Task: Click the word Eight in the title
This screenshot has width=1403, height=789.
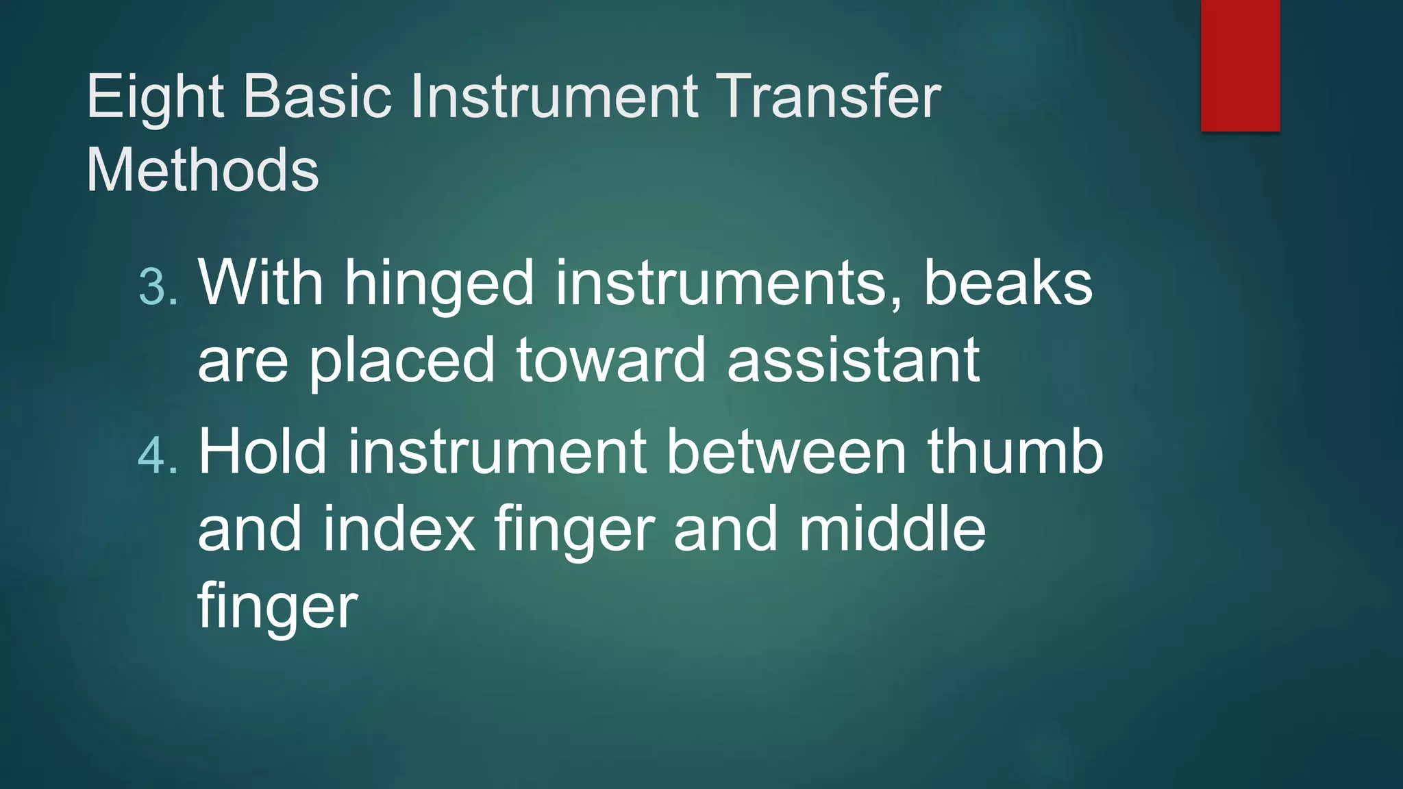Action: pyautogui.click(x=155, y=97)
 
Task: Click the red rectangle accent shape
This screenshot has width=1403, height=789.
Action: pyautogui.click(x=1240, y=65)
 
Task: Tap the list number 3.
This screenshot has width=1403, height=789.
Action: pyautogui.click(x=157, y=286)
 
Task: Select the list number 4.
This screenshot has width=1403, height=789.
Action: pyautogui.click(x=157, y=455)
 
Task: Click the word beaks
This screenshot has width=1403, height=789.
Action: pyautogui.click(x=1008, y=282)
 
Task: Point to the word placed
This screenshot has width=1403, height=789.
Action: pyautogui.click(x=401, y=361)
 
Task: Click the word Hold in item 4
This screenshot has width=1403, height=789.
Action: pyautogui.click(x=262, y=452)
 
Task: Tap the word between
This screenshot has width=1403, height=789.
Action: pyautogui.click(x=786, y=452)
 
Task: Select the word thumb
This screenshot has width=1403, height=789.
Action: pyautogui.click(x=1015, y=452)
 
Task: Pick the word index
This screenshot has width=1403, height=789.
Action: pyautogui.click(x=399, y=529)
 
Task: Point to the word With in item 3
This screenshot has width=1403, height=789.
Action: pyautogui.click(x=260, y=282)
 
